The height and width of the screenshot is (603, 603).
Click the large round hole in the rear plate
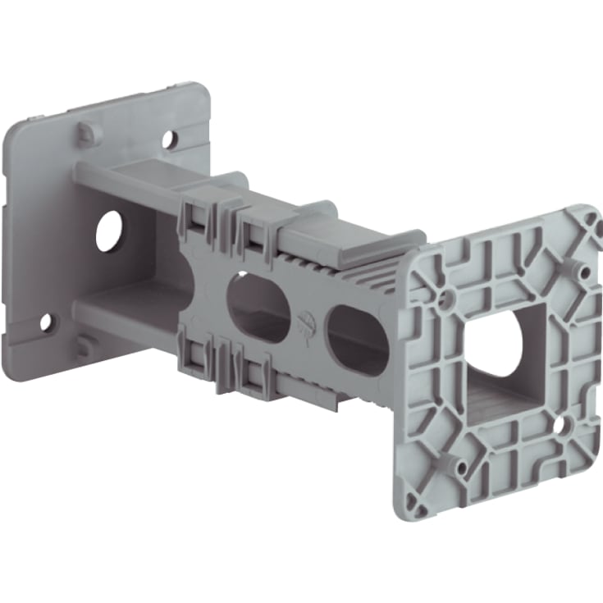[108, 232]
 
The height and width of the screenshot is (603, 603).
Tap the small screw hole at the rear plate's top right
[168, 139]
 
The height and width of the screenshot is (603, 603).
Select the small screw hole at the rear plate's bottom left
[46, 322]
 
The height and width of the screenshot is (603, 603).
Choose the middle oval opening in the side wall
[258, 308]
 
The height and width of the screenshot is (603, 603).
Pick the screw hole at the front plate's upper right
[581, 269]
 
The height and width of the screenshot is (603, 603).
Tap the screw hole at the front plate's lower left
[462, 469]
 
